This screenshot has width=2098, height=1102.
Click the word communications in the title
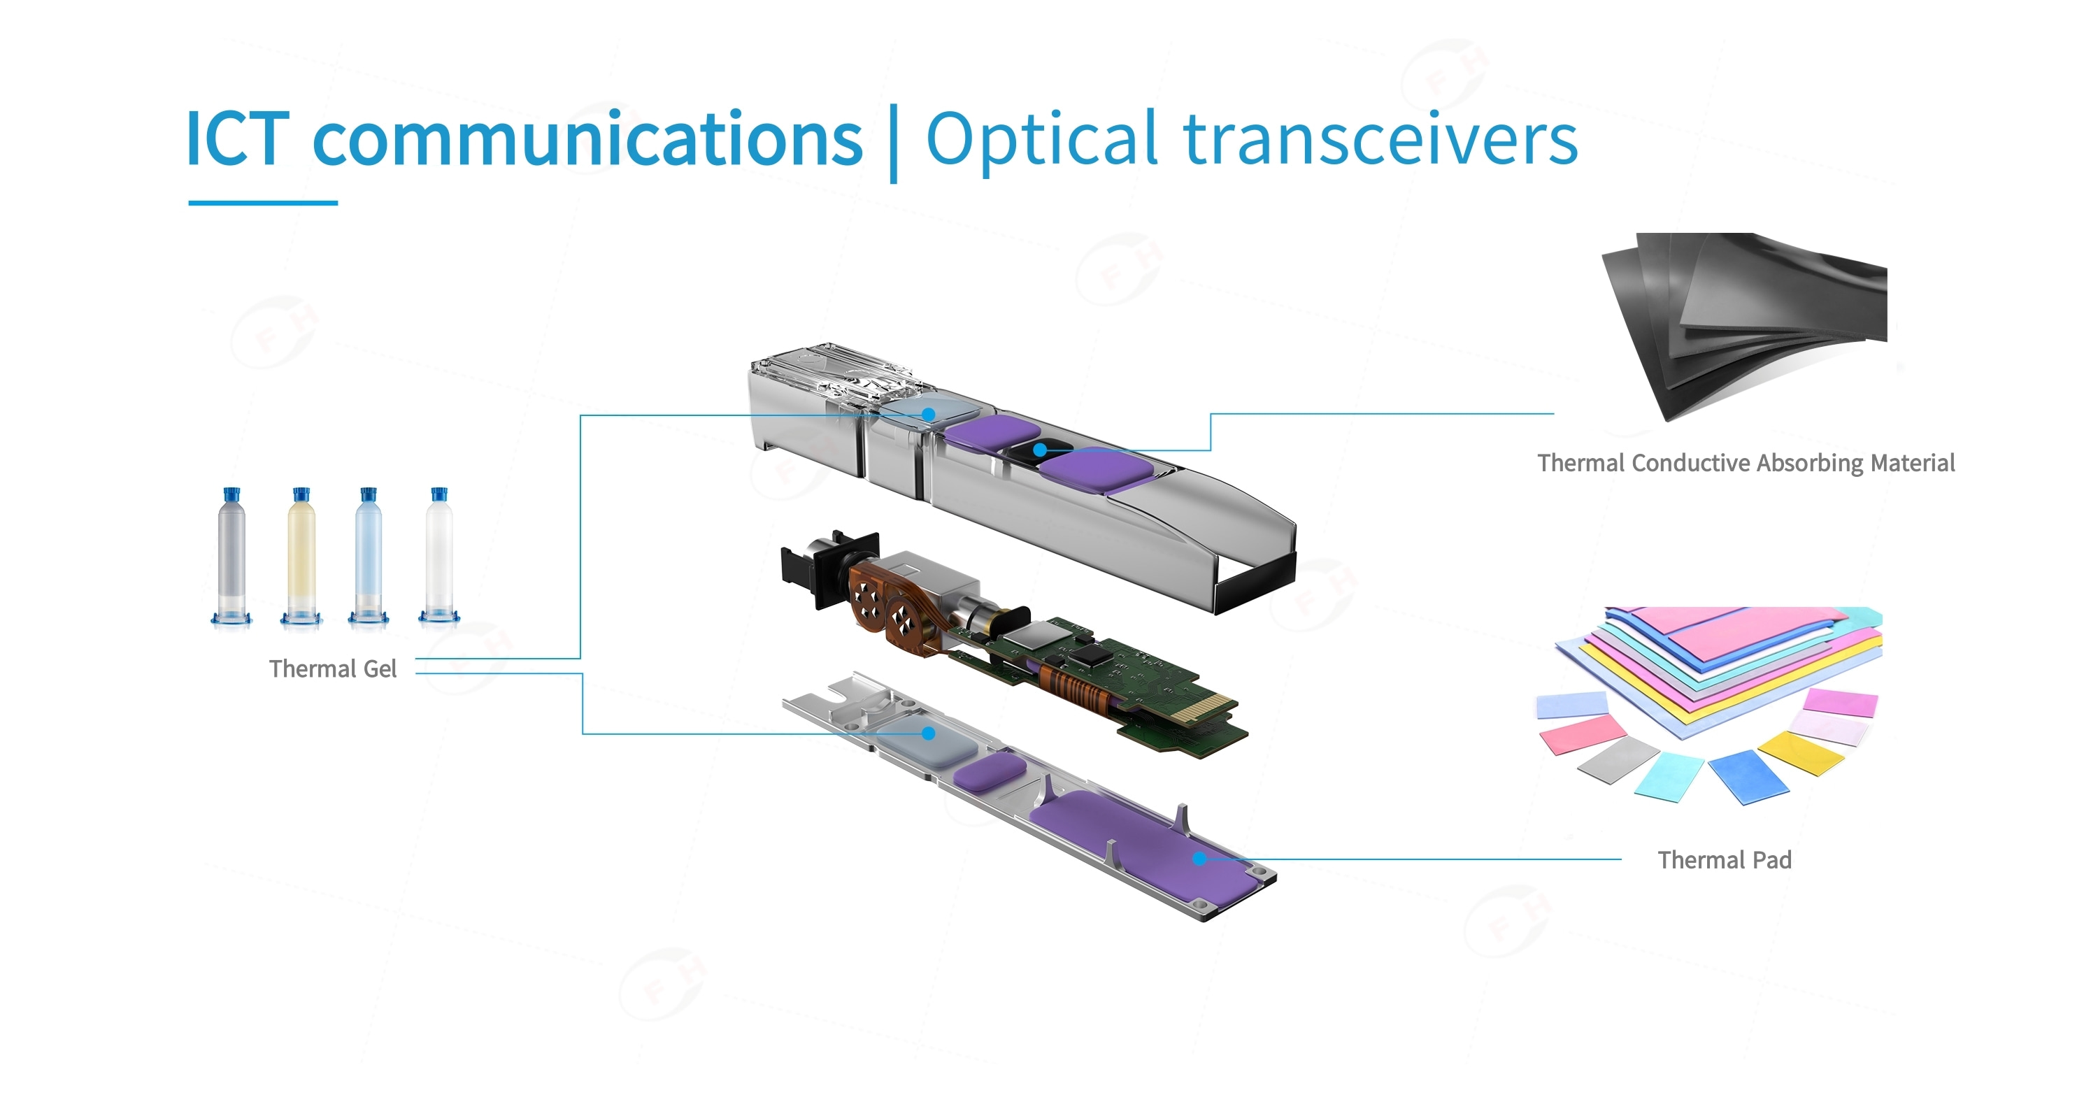587,140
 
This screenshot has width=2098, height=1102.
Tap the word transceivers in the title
1380,140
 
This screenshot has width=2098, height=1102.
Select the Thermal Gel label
332,668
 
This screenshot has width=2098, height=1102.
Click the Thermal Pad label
1724,860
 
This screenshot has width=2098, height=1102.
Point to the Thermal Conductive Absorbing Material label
1746,463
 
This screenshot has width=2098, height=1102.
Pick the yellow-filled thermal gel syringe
301,558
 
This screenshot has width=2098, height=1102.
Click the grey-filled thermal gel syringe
232,558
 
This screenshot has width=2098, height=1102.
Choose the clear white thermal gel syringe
439,558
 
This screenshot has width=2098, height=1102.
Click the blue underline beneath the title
262,203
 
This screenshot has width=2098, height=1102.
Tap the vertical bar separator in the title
894,143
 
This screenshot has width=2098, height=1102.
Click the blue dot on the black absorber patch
1040,450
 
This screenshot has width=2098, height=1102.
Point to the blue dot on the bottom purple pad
1199,859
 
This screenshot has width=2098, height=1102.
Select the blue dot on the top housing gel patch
929,415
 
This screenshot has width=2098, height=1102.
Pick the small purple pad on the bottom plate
989,770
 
